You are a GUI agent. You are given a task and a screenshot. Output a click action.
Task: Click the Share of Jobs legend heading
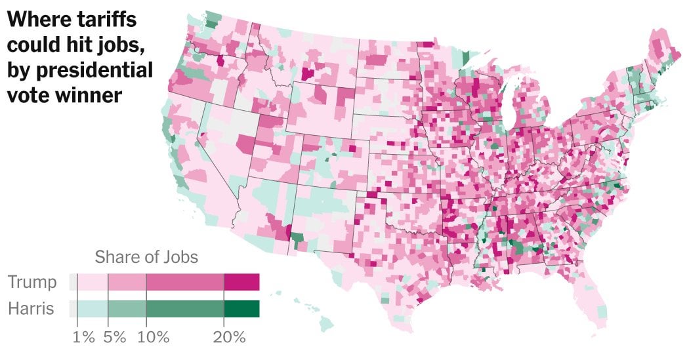coord(146,256)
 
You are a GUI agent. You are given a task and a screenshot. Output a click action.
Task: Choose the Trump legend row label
coord(32,283)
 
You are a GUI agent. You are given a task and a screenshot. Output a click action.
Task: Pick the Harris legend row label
coord(31,308)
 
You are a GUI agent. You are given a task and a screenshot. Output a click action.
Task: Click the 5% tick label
coord(114,338)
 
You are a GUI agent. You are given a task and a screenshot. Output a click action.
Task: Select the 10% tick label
coord(154,338)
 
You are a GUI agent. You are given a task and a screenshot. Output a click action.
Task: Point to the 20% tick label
coord(230,338)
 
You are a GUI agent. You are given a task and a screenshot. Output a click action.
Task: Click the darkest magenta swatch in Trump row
coord(242,283)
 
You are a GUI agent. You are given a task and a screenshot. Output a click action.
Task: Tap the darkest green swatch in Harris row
coord(242,308)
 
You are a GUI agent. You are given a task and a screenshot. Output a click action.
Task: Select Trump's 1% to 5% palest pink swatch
coord(92,283)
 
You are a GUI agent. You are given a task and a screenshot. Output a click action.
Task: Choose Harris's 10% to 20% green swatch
coord(185,308)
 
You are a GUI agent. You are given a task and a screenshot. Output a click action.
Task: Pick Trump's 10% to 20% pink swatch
coord(185,283)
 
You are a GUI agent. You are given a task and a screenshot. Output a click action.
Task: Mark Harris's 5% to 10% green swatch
coord(127,308)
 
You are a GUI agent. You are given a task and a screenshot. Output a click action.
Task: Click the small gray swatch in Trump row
coord(73,283)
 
